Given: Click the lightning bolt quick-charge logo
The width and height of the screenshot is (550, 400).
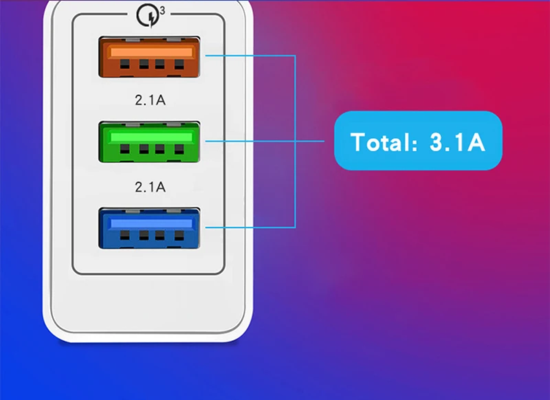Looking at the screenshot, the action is [x=147, y=14].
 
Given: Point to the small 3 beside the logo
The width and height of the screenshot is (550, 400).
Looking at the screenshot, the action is [x=162, y=10].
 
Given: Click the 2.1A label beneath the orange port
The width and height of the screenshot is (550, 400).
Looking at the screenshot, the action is [x=151, y=100].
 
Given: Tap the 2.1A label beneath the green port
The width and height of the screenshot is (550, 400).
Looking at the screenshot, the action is [x=151, y=186].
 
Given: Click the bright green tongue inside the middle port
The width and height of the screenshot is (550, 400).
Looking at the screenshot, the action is [x=150, y=137].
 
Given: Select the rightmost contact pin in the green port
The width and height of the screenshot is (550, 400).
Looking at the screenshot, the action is [x=179, y=149].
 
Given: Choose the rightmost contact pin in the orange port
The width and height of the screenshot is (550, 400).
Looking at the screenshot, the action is [x=179, y=67].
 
